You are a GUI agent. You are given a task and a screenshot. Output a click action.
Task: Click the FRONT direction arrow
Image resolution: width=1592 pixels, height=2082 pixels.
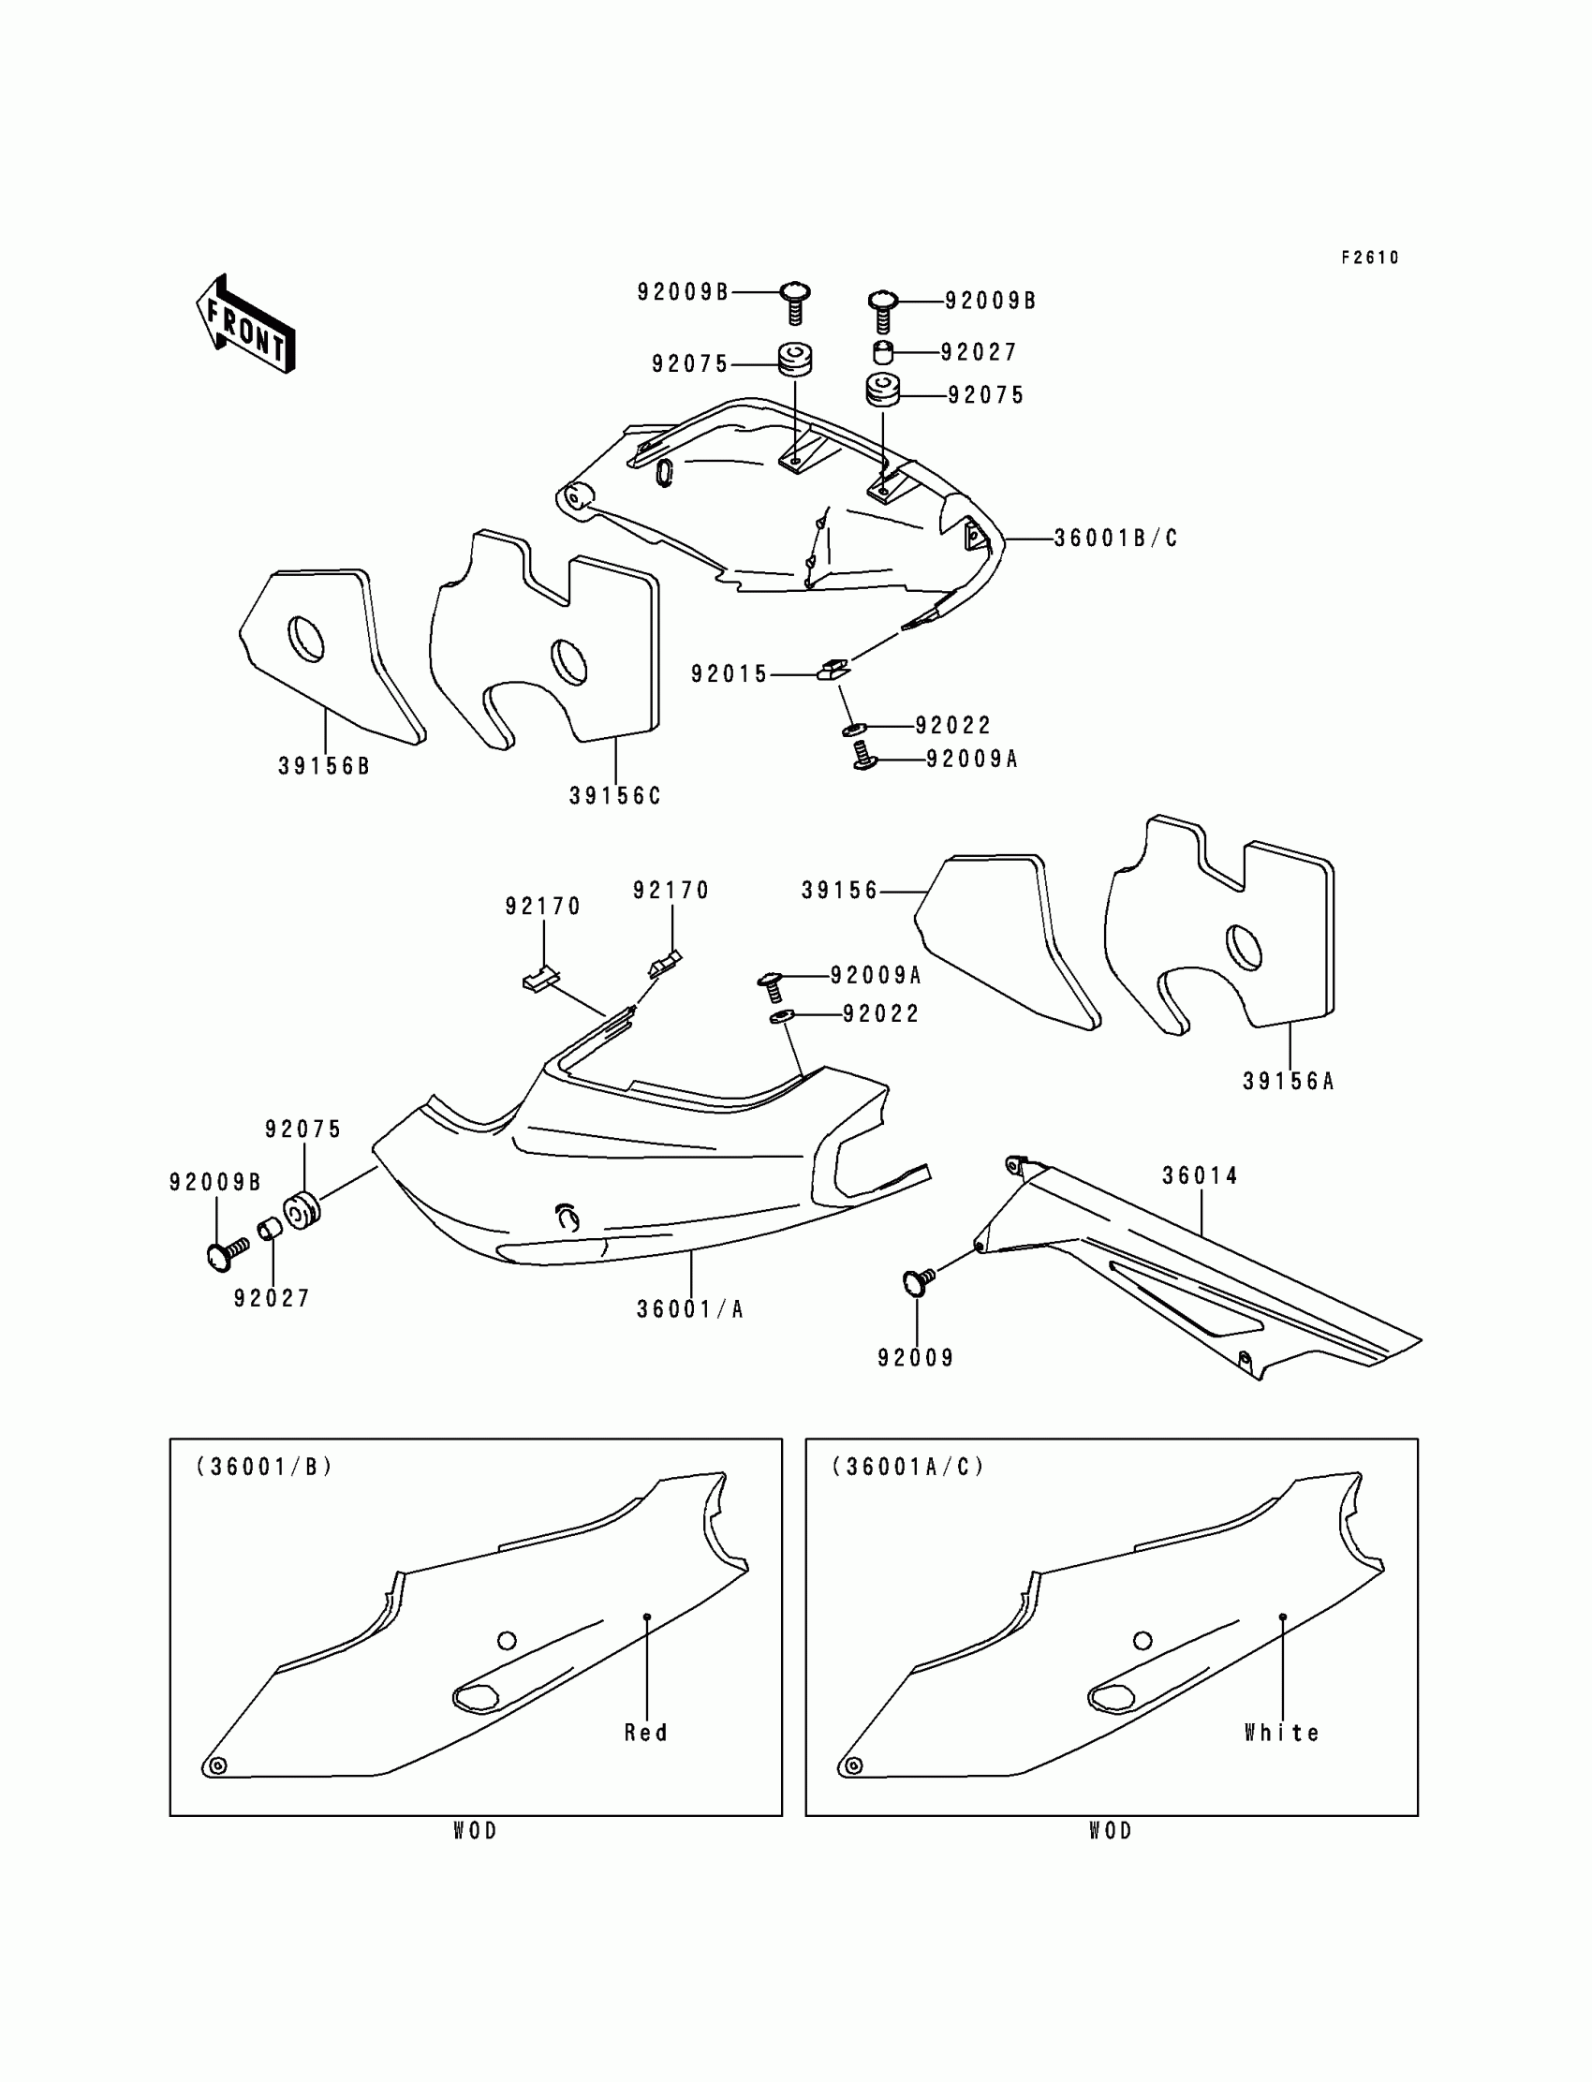245,325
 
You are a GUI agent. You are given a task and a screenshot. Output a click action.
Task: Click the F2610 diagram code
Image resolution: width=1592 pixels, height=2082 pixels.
1369,258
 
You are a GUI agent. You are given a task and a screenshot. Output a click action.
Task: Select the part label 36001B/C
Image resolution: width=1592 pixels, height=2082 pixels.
1115,539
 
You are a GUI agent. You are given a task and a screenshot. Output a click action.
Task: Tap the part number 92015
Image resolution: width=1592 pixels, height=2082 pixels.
729,673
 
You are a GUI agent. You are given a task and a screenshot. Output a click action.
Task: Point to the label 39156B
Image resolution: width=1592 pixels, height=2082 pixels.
323,766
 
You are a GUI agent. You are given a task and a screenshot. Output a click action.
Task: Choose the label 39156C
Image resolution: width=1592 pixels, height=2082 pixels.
614,796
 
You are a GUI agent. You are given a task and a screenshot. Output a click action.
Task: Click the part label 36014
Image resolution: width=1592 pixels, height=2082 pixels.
1200,1175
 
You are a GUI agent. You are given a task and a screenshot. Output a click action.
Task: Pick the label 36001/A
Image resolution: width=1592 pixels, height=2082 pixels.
690,1308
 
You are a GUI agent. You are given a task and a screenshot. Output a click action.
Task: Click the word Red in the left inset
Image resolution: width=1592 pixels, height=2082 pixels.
645,1733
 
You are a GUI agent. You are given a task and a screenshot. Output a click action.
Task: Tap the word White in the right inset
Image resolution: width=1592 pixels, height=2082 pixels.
1281,1733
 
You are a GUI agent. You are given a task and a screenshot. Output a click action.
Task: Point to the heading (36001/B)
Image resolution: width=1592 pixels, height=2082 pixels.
264,1466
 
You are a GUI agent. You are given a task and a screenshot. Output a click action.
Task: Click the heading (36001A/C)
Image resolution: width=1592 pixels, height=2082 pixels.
907,1466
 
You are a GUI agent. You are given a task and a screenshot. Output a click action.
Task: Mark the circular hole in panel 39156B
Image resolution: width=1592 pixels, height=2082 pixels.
305,640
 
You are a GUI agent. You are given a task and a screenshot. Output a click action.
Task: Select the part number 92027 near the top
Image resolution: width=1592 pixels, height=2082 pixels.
978,352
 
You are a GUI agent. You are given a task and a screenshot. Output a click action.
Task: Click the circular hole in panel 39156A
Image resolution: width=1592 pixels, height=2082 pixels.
1244,947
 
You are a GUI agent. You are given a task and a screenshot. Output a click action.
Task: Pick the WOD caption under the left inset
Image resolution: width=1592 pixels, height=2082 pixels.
475,1831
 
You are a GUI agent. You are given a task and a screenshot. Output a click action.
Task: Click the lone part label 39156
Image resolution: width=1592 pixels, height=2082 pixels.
840,891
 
